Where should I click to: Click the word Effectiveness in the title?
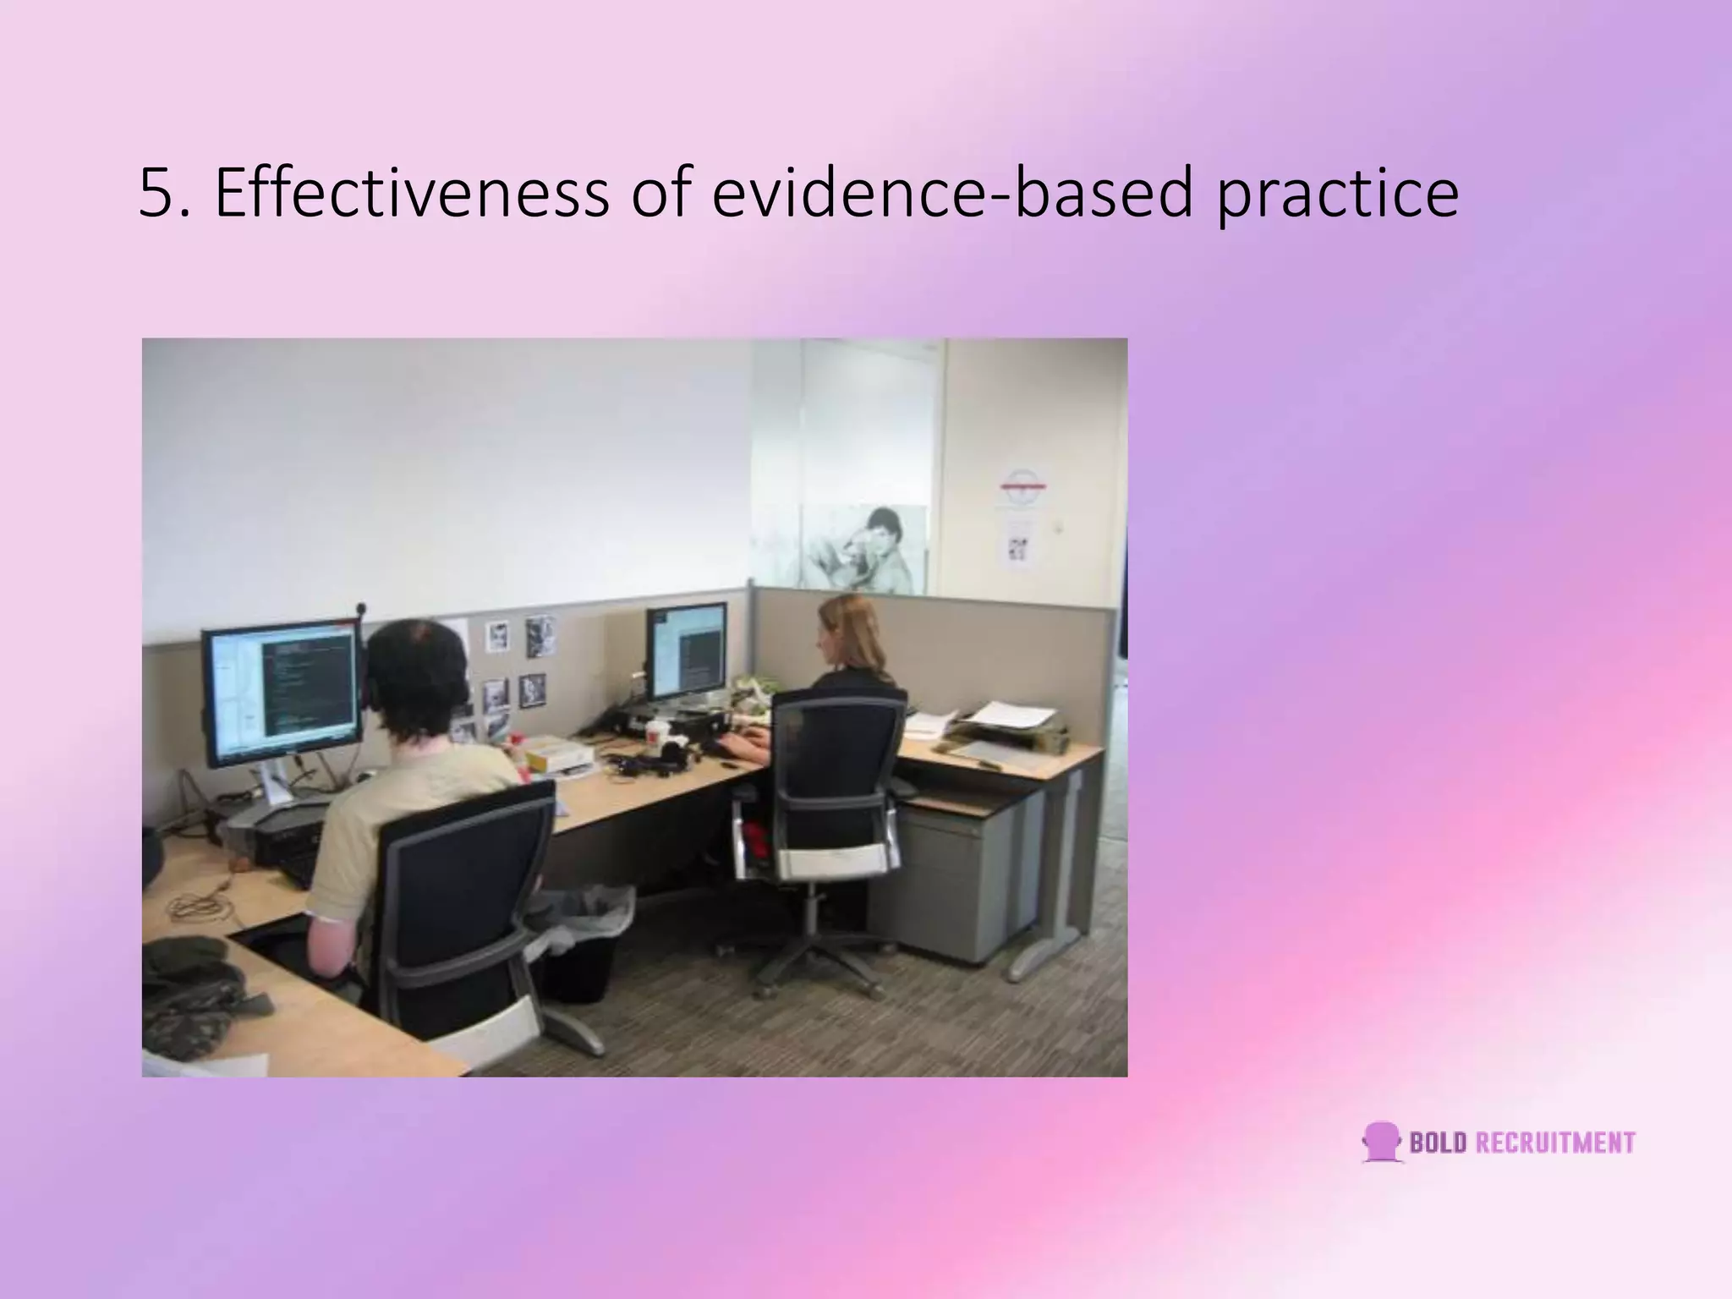pos(411,194)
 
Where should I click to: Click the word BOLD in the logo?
pos(1438,1143)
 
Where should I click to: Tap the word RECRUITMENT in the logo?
pos(1554,1143)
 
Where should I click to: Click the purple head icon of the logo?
pos(1382,1143)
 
